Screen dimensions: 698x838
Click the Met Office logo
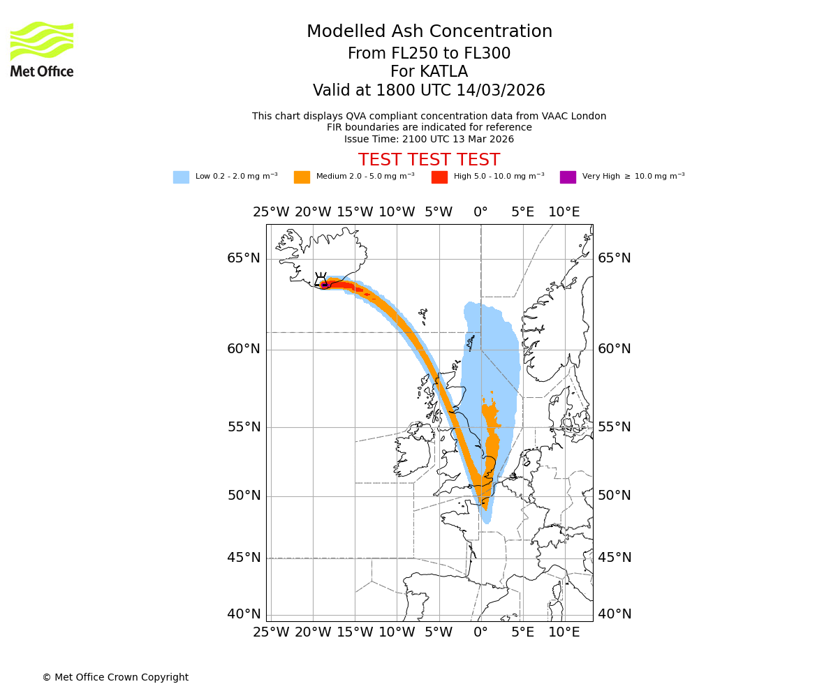42,49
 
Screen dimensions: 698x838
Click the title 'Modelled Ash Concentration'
429,31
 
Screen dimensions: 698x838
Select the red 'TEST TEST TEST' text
429,160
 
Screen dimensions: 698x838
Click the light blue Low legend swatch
181,177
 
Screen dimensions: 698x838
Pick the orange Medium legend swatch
302,177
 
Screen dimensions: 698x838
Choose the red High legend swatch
439,177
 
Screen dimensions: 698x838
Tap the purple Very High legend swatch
568,177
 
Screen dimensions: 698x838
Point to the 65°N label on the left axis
244,258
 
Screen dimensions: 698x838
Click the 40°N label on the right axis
615,614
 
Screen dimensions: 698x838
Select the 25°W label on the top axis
271,212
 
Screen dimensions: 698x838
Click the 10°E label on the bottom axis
564,632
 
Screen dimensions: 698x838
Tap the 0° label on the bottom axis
480,632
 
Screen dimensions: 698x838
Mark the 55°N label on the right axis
615,427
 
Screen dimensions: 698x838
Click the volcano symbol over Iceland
321,279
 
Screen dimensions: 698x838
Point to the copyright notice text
115,677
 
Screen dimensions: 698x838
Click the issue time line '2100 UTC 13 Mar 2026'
429,139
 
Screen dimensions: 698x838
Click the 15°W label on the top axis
355,212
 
